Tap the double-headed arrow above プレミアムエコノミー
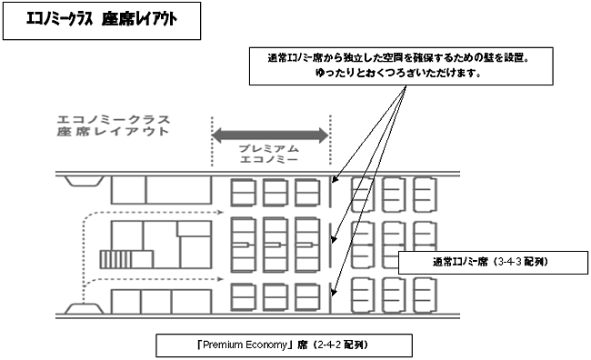coord(270,135)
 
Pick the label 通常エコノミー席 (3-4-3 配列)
coord(490,262)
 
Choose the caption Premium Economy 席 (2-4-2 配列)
coord(283,345)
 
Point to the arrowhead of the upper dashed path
coord(219,215)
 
